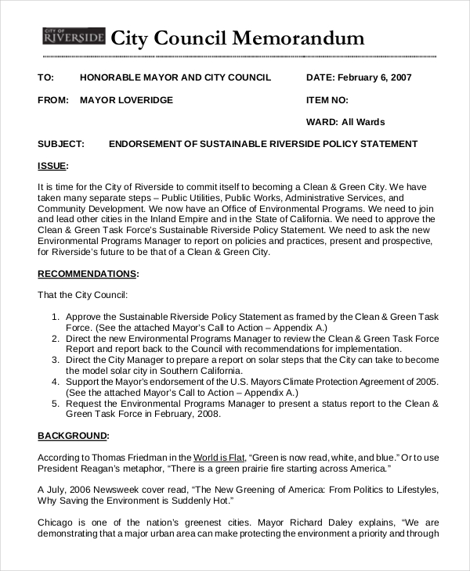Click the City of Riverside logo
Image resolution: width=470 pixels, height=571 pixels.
73,36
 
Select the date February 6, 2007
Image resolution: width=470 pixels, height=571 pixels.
375,77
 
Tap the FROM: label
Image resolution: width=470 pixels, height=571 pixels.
53,100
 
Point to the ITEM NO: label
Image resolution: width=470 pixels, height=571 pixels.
327,100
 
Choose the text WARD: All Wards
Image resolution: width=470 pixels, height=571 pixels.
345,122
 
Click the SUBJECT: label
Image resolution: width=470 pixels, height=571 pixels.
60,144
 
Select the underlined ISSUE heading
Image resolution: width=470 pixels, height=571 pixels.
52,166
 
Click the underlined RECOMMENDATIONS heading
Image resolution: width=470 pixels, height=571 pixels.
87,274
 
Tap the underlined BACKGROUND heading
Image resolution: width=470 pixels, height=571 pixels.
73,436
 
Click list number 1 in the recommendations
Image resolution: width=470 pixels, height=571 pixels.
56,317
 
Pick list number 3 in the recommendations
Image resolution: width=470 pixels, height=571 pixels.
56,360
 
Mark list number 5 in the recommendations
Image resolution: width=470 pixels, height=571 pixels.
56,404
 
